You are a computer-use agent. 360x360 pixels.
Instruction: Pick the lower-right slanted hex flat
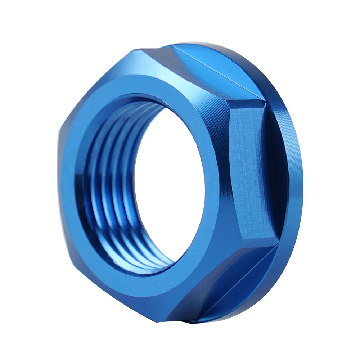point(223,284)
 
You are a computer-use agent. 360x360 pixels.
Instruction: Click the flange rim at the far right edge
point(297,180)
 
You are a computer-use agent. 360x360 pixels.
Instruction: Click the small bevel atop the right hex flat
point(248,104)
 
